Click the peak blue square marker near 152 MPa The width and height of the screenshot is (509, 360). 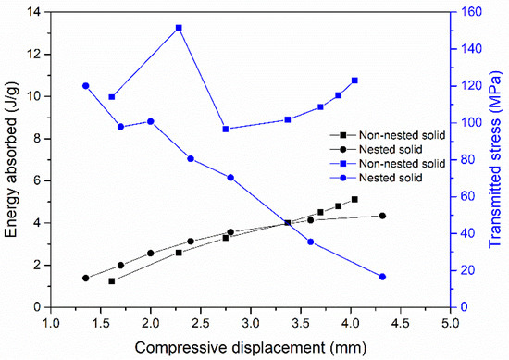pyautogui.click(x=179, y=28)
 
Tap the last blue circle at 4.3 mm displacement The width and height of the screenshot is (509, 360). pyautogui.click(x=382, y=277)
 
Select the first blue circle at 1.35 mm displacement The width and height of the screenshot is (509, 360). pyautogui.click(x=85, y=86)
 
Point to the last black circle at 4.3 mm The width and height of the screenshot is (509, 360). pyautogui.click(x=382, y=216)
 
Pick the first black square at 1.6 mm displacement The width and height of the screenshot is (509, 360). pyautogui.click(x=111, y=280)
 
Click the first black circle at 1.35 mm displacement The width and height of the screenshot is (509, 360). pyautogui.click(x=85, y=278)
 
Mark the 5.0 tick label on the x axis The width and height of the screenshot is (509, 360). pyautogui.click(x=450, y=321)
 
